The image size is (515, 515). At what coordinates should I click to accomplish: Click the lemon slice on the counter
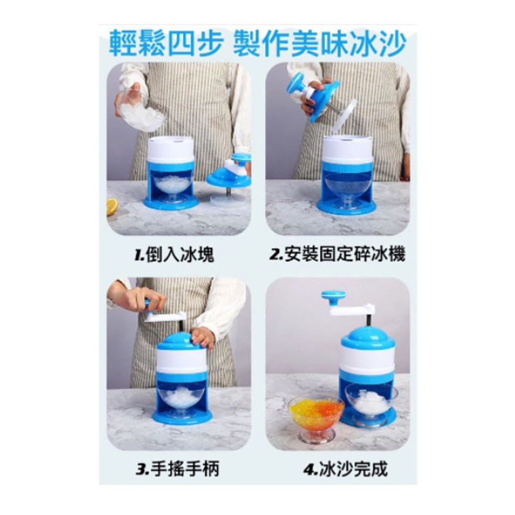tap(112, 206)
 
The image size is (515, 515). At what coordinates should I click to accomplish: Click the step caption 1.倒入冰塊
tap(174, 254)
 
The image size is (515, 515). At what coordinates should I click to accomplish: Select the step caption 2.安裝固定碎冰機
tap(337, 254)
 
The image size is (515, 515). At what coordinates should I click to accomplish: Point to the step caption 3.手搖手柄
tap(178, 469)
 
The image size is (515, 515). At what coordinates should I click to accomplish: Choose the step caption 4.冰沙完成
tap(346, 469)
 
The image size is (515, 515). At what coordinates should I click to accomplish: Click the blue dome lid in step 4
tap(368, 337)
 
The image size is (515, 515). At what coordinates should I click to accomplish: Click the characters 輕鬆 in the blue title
tap(138, 44)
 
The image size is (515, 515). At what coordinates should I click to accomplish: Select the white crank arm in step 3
tap(165, 316)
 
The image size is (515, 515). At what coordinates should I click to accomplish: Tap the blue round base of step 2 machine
tap(346, 206)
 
